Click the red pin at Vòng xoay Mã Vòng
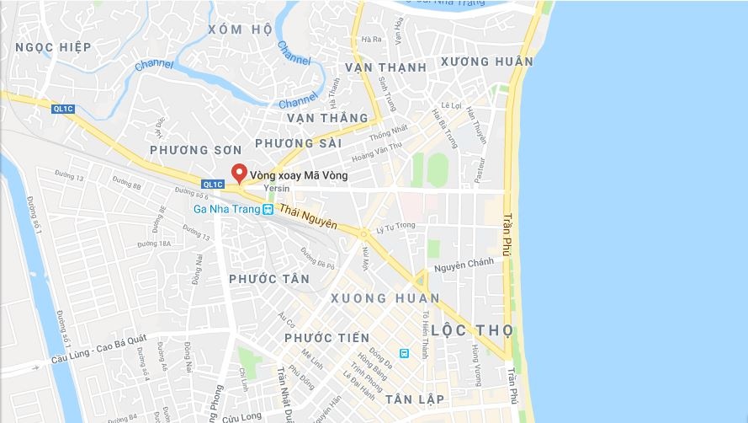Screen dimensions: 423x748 tap(239, 173)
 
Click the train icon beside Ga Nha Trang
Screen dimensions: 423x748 tap(267, 210)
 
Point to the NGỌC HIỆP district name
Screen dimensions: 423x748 tap(52, 47)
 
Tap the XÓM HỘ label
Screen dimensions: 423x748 tap(240, 29)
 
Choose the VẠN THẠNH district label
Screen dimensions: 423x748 tap(386, 67)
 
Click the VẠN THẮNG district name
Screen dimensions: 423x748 tap(327, 118)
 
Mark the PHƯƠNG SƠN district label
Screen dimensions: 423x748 tap(189, 149)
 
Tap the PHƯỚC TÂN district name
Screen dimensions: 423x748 tap(268, 279)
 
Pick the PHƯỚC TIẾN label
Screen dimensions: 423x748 tap(326, 338)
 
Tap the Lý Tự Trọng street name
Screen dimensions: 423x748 tap(395, 226)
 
